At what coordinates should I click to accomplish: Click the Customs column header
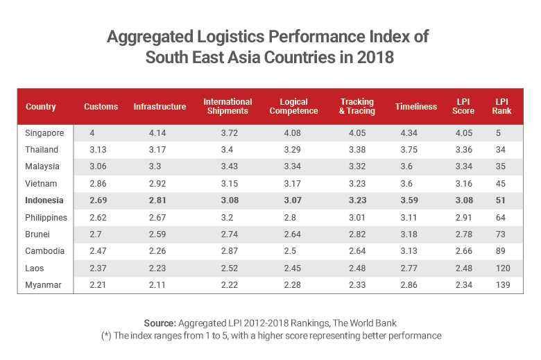click(101, 107)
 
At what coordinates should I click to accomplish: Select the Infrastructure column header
click(160, 107)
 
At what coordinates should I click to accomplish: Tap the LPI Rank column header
click(501, 106)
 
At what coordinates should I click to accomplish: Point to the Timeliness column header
click(415, 107)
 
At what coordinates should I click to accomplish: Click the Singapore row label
click(45, 132)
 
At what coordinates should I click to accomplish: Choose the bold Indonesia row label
click(44, 200)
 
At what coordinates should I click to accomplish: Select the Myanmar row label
click(44, 285)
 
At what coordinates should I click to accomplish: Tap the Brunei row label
click(39, 234)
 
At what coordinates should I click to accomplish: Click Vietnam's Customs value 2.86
click(98, 184)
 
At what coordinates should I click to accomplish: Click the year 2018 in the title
click(371, 57)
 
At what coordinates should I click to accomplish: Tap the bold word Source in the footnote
click(160, 323)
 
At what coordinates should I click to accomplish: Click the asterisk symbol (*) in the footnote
click(105, 336)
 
